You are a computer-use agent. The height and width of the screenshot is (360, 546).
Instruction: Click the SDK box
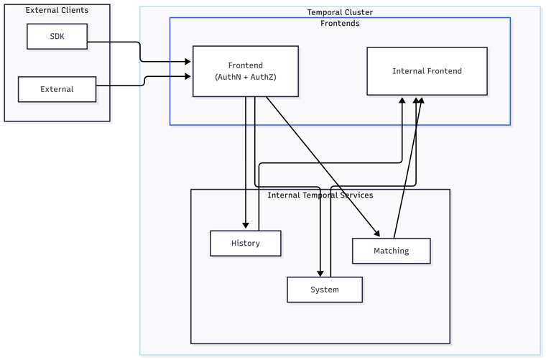tap(57, 37)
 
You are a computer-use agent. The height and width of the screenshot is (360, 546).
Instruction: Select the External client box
tap(57, 90)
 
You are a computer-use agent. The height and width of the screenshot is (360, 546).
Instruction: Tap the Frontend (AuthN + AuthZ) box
tap(245, 71)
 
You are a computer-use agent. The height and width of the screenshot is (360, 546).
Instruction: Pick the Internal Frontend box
tap(427, 71)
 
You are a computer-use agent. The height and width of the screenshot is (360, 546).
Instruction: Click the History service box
tap(245, 243)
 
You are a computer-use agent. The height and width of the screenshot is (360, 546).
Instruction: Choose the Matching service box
tap(391, 251)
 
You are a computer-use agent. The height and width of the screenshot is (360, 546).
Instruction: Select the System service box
tap(324, 290)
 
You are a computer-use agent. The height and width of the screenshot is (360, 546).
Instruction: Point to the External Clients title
tap(57, 10)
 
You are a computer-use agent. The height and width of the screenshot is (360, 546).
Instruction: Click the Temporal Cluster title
tap(340, 12)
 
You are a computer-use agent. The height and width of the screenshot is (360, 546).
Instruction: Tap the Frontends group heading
tap(340, 23)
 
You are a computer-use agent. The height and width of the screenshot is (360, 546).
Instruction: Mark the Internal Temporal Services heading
tap(320, 195)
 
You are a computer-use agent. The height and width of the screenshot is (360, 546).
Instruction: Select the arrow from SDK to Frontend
tap(140, 52)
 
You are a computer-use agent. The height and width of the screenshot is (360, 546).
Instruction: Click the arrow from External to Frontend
tap(144, 80)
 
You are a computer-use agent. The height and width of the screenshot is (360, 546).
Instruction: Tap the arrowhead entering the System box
tap(320, 273)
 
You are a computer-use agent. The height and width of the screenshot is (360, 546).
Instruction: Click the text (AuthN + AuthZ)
tap(245, 77)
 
